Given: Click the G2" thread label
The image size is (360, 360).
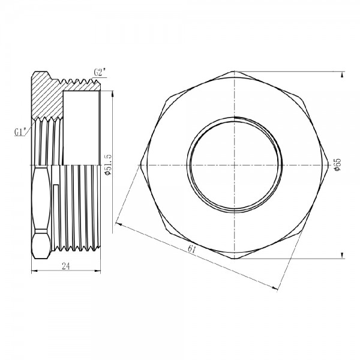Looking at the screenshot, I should [x=100, y=73].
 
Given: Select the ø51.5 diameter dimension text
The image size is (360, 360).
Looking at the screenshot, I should [x=109, y=164].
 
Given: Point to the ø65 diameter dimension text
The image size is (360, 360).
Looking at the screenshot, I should [x=337, y=164].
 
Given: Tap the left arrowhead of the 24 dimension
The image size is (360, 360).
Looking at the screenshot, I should [x=33, y=272].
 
